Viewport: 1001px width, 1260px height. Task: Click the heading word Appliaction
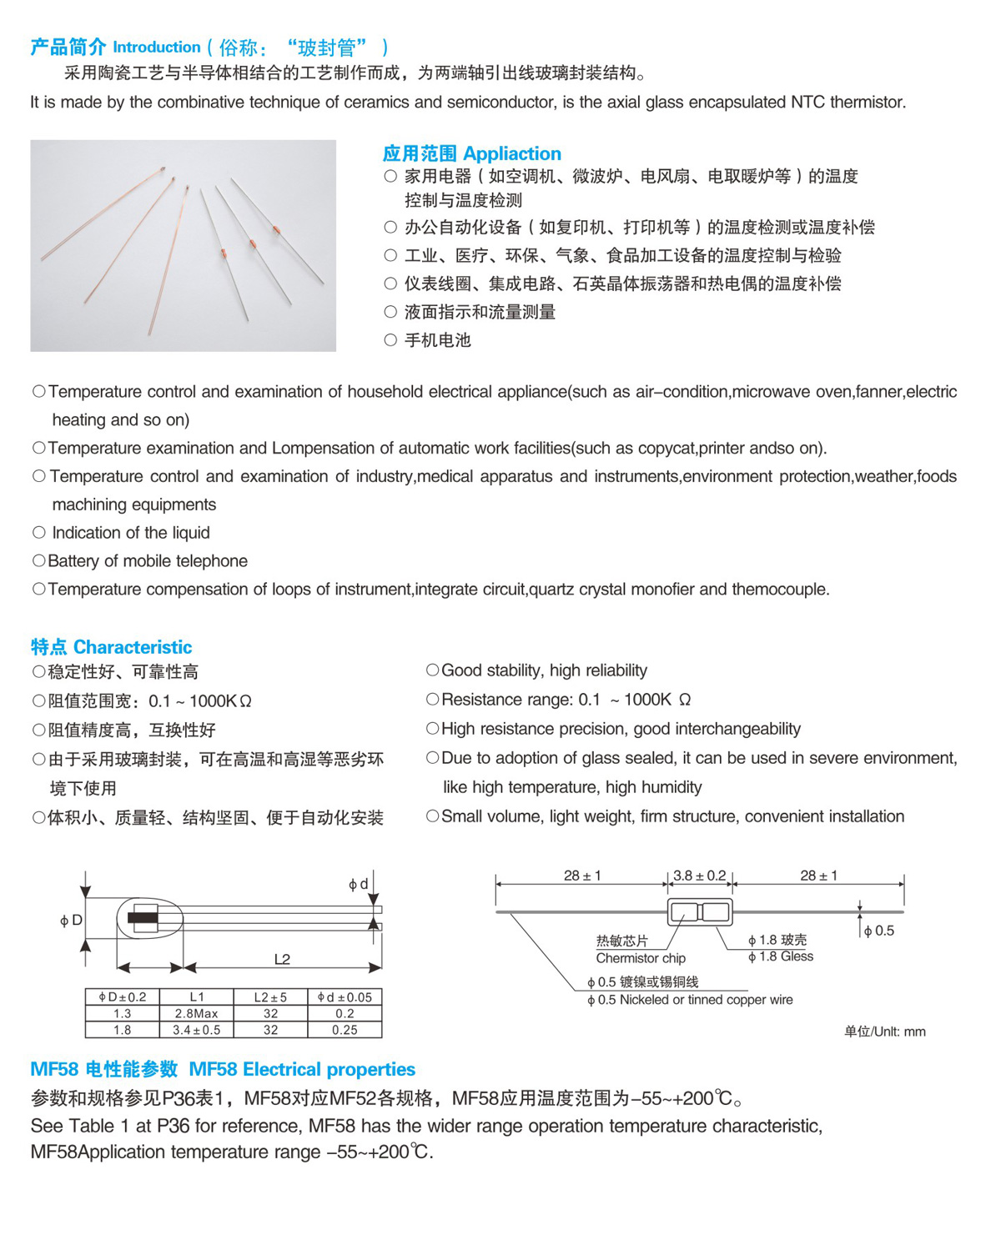(512, 153)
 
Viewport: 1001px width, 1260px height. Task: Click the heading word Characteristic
(133, 647)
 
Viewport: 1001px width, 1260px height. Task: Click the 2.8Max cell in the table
(196, 1013)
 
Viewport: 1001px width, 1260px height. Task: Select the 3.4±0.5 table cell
(196, 1030)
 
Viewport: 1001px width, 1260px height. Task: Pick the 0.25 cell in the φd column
(345, 1030)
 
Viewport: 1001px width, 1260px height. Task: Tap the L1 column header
(196, 996)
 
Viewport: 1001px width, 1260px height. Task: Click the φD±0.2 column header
(123, 996)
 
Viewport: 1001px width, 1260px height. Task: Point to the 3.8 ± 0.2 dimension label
(699, 876)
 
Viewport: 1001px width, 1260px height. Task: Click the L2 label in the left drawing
(282, 959)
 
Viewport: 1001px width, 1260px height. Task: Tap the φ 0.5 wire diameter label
(879, 931)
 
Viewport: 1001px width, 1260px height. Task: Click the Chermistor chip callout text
(641, 958)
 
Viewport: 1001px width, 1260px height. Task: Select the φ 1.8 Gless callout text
(781, 956)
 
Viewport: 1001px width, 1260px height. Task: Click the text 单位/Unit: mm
(884, 1032)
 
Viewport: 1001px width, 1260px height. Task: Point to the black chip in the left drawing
(143, 919)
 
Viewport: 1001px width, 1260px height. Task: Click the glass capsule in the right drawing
(700, 911)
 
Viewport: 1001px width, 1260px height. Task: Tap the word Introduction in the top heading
(157, 48)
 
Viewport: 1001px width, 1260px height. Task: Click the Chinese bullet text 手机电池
(438, 340)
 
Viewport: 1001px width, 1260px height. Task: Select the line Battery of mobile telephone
(148, 561)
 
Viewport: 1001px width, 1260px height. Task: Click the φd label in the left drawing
(358, 884)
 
